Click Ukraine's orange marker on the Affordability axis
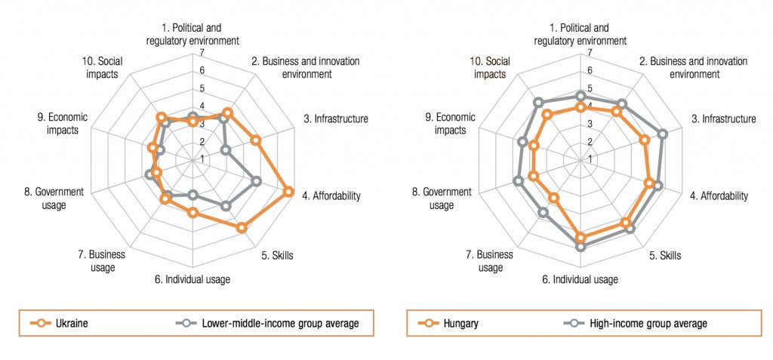[x=288, y=192]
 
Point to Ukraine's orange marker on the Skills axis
[x=242, y=227]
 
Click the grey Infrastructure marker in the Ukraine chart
[x=225, y=151]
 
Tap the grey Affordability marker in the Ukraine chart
[x=257, y=181]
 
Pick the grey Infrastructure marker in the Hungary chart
[x=663, y=134]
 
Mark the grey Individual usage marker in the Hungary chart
[x=580, y=246]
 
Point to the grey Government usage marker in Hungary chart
[x=518, y=180]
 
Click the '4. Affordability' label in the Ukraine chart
[x=331, y=195]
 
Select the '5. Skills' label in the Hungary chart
[x=665, y=255]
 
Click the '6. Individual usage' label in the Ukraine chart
[x=192, y=279]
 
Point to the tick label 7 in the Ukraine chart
[x=202, y=52]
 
